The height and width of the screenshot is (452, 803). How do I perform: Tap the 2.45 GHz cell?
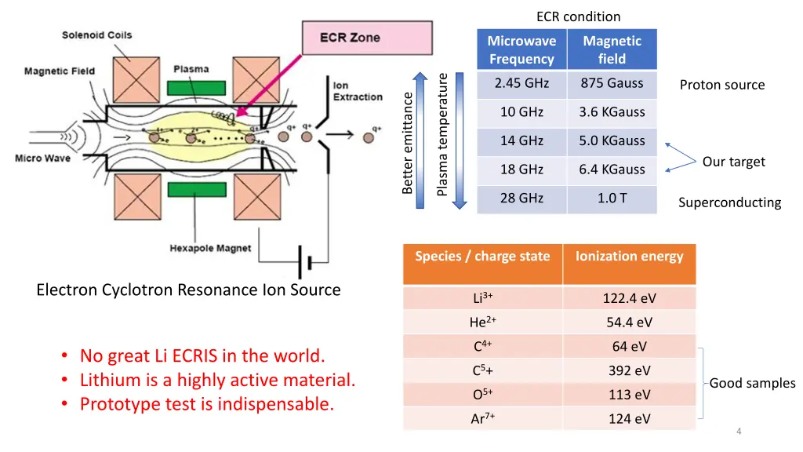pos(521,83)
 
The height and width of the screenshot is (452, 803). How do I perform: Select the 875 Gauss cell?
pos(612,83)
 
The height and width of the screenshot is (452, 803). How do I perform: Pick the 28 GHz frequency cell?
pos(521,199)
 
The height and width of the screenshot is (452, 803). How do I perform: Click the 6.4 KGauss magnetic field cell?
pos(612,169)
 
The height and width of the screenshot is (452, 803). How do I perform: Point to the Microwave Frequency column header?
pos(521,49)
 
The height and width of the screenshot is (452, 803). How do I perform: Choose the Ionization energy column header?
pos(629,257)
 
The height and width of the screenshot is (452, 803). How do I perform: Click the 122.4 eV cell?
pos(629,298)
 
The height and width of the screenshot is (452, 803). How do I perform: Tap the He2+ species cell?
pos(482,323)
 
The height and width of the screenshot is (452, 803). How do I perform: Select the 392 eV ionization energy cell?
pos(629,371)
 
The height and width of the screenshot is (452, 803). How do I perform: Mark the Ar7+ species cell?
pos(482,419)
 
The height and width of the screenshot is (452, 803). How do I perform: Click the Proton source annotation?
pos(721,85)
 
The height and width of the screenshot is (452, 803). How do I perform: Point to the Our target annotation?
pos(733,162)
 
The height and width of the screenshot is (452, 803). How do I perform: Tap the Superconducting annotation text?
pos(729,203)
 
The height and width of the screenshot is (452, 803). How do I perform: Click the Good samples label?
pos(752,384)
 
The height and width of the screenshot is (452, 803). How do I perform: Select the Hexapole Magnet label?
pos(210,249)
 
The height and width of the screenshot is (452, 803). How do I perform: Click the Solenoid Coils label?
pos(97,35)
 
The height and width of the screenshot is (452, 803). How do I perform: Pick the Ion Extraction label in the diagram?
pos(358,91)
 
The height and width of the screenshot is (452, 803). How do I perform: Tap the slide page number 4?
pos(739,432)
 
